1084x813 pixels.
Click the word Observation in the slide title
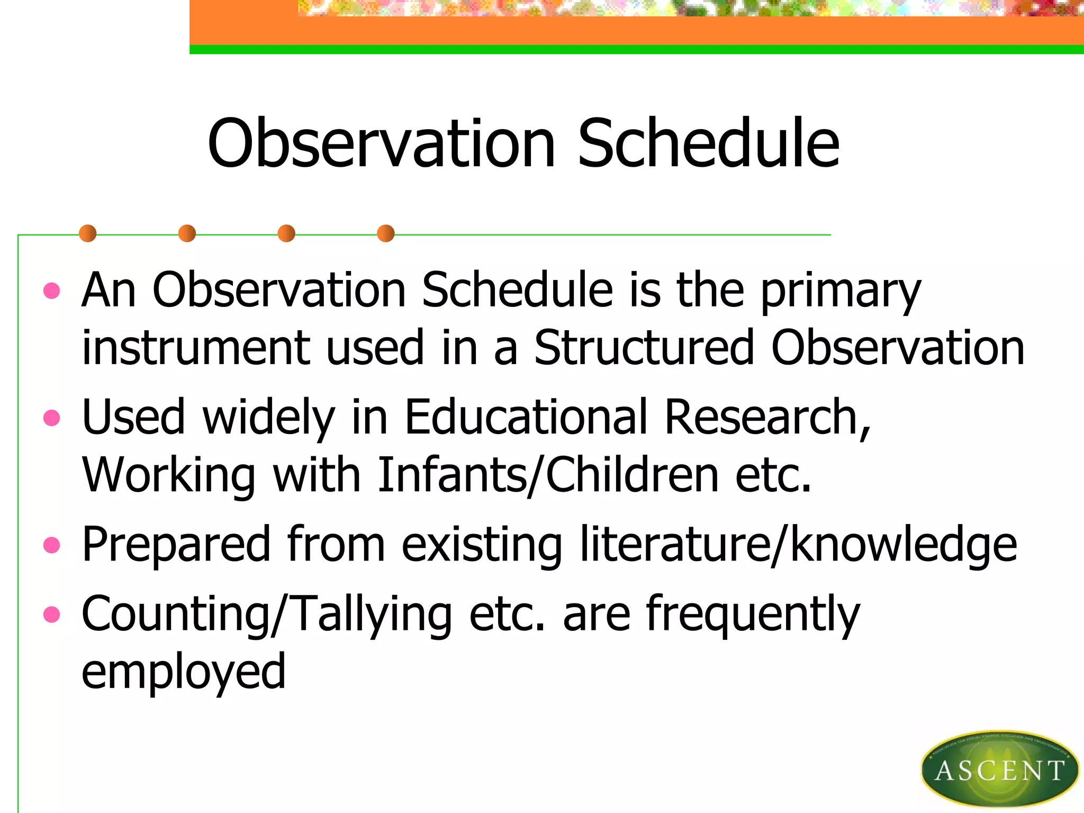click(x=381, y=144)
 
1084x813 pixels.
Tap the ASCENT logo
click(x=999, y=770)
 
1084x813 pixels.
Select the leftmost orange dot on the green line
click(x=88, y=233)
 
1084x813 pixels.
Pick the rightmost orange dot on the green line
click(x=386, y=233)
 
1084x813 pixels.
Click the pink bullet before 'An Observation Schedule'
click(x=51, y=291)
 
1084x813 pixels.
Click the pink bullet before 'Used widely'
click(x=51, y=418)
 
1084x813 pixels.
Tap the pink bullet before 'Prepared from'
click(x=51, y=545)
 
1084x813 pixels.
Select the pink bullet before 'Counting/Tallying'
click(x=51, y=615)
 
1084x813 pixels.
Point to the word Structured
click(x=644, y=348)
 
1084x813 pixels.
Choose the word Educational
click(x=526, y=418)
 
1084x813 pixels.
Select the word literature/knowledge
click(x=798, y=545)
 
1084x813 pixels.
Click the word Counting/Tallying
click(x=267, y=615)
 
